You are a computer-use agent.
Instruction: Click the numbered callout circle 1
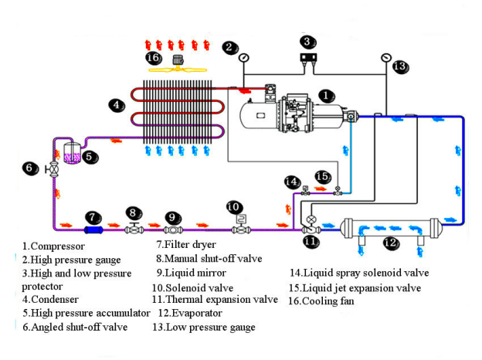[327, 95]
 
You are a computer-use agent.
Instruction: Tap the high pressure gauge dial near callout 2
[244, 57]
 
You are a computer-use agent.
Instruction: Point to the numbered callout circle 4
[115, 105]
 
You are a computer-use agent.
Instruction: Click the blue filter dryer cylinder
[94, 229]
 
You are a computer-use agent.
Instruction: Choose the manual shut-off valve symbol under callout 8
[134, 228]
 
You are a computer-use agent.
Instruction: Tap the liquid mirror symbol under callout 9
[173, 229]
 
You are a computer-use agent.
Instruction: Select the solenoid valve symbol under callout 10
[239, 226]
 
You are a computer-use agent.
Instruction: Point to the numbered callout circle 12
[391, 244]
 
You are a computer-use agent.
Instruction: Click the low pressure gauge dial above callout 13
[386, 57]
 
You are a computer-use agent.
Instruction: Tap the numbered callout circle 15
[323, 177]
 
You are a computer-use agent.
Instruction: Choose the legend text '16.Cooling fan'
[322, 301]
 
